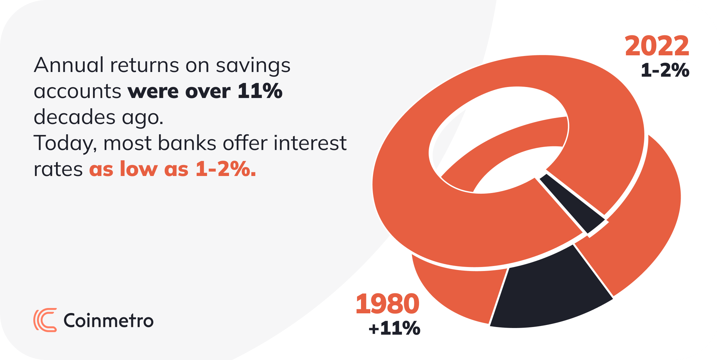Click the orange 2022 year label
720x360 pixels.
tap(657, 46)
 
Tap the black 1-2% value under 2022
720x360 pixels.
tap(665, 70)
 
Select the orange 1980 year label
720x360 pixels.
tap(388, 304)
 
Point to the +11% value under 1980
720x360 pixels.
tap(394, 328)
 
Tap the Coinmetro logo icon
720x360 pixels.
tap(45, 320)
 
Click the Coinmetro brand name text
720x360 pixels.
tap(109, 321)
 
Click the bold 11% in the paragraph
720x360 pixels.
tap(260, 91)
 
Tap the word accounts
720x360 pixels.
tap(77, 92)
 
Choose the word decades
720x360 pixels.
tap(75, 117)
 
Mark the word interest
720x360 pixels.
tap(310, 143)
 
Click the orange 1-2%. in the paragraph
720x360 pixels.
tap(226, 169)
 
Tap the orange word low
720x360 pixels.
tap(139, 169)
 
